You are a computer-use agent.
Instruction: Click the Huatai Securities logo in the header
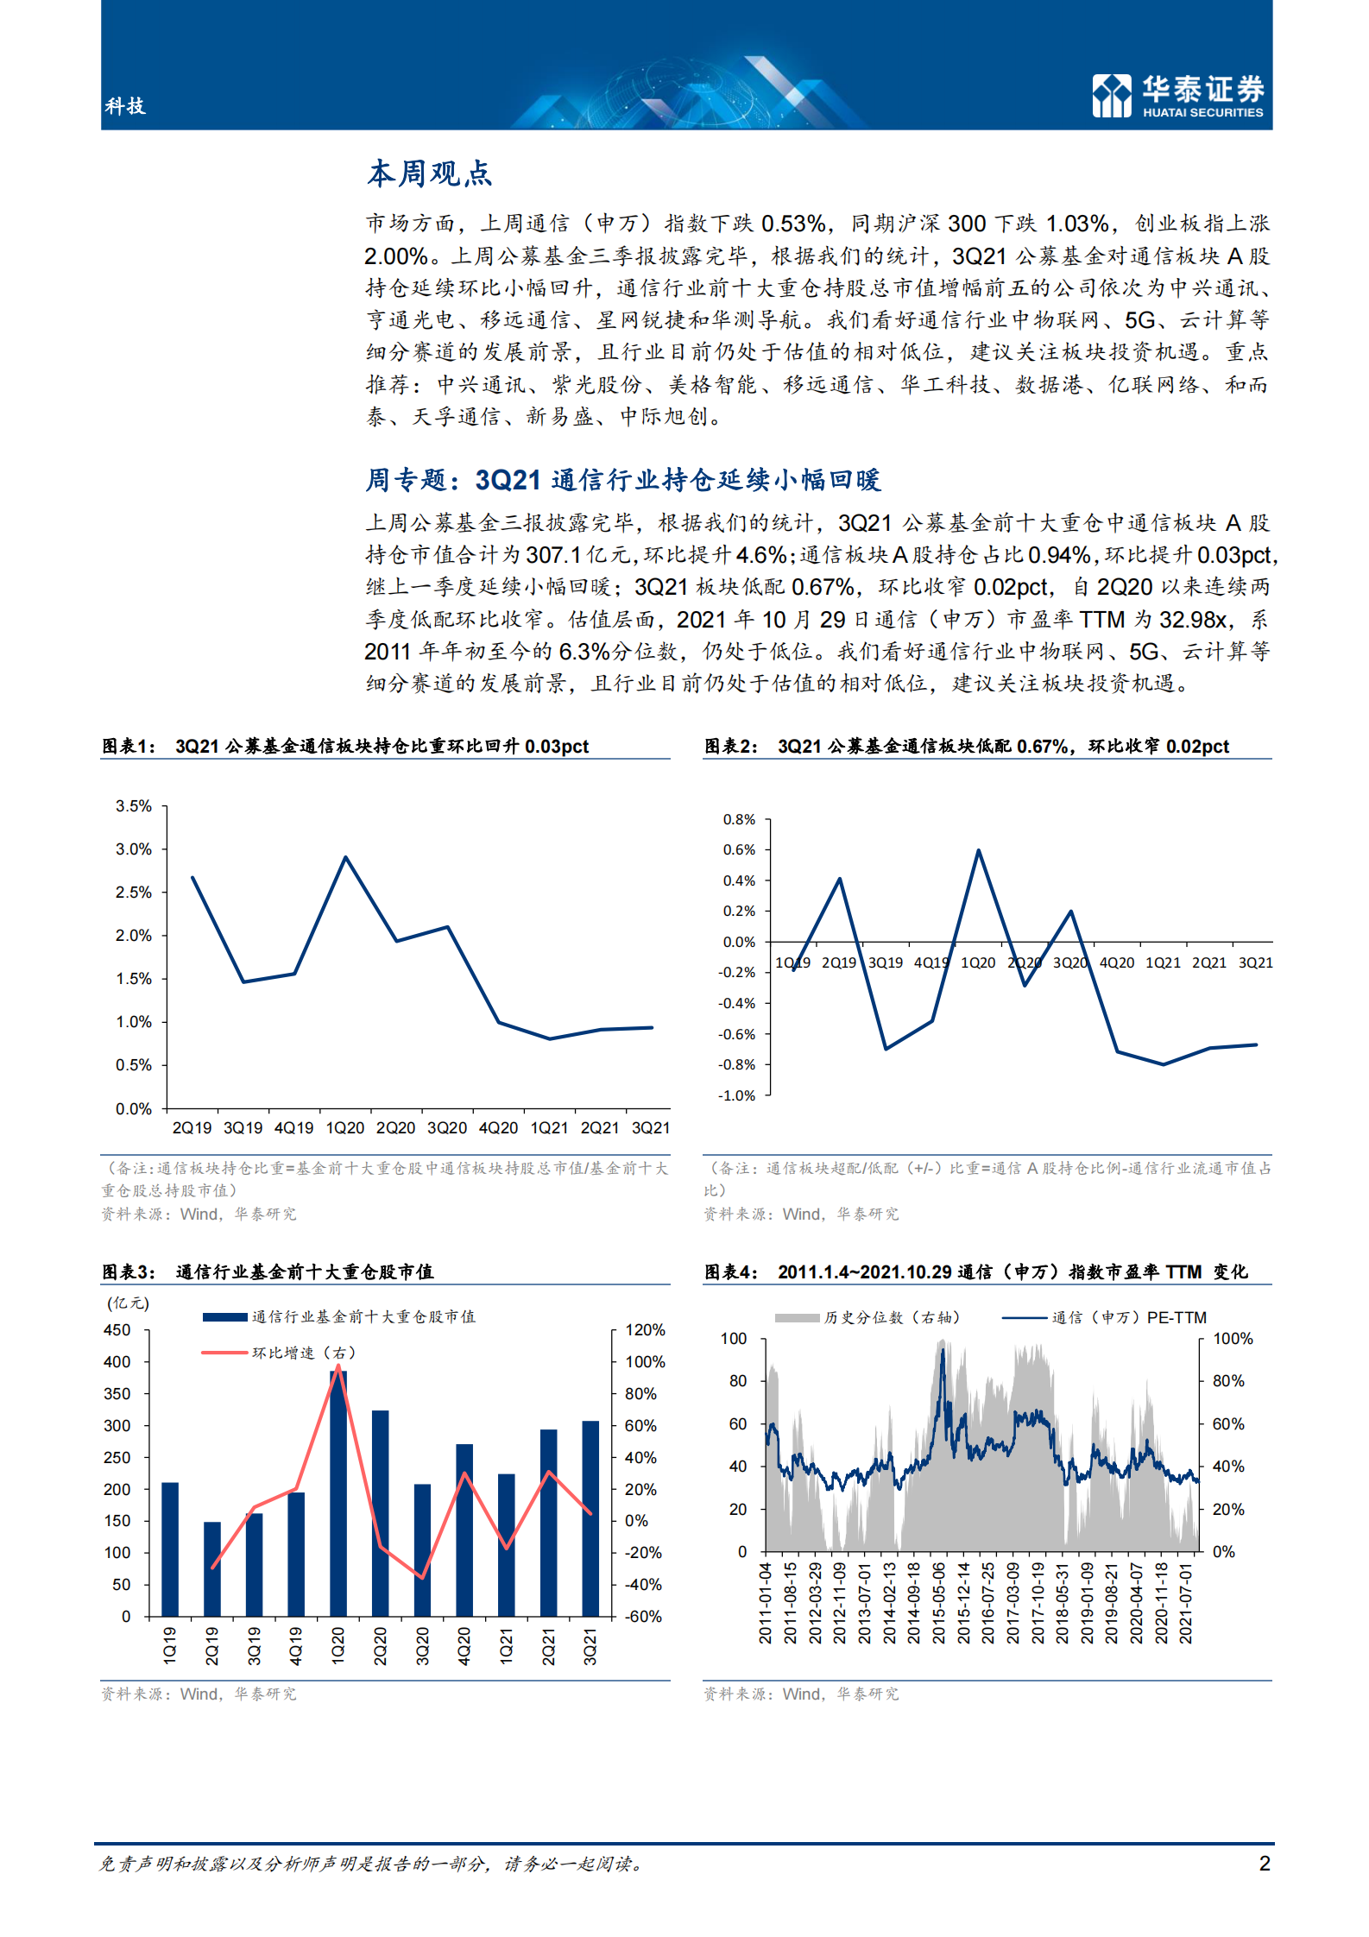pyautogui.click(x=1177, y=95)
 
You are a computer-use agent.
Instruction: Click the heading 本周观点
pyautogui.click(x=429, y=174)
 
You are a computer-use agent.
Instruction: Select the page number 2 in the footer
pyautogui.click(x=1265, y=1864)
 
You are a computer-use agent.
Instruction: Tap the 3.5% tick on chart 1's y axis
pyautogui.click(x=134, y=806)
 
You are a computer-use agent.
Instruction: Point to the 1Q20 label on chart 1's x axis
pyautogui.click(x=345, y=1128)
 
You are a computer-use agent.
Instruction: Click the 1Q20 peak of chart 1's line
pyautogui.click(x=345, y=858)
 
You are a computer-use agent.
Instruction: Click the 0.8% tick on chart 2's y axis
pyautogui.click(x=739, y=819)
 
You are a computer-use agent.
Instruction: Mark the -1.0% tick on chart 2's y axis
pyautogui.click(x=736, y=1095)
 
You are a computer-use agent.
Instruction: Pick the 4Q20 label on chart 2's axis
pyautogui.click(x=1117, y=962)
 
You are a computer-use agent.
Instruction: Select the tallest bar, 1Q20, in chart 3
pyautogui.click(x=338, y=1493)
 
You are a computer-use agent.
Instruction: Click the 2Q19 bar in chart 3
pyautogui.click(x=212, y=1568)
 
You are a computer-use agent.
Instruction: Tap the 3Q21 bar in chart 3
pyautogui.click(x=590, y=1518)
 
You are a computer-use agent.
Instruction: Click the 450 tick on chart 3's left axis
pyautogui.click(x=117, y=1330)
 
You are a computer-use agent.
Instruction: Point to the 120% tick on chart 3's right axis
pyautogui.click(x=645, y=1330)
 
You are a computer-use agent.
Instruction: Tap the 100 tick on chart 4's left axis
pyautogui.click(x=734, y=1339)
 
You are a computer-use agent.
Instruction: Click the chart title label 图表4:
pyautogui.click(x=731, y=1271)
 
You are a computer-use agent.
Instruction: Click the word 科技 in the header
pyautogui.click(x=125, y=106)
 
